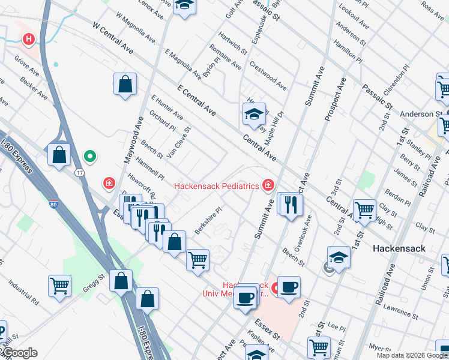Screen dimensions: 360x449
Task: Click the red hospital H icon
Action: click(28, 40)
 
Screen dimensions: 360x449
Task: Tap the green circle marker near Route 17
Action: click(90, 157)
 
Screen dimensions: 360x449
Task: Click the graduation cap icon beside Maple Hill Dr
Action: click(254, 113)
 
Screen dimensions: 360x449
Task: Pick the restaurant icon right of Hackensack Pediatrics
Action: click(291, 204)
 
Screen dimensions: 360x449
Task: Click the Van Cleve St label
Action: click(178, 142)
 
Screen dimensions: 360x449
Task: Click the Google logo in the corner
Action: click(20, 353)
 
